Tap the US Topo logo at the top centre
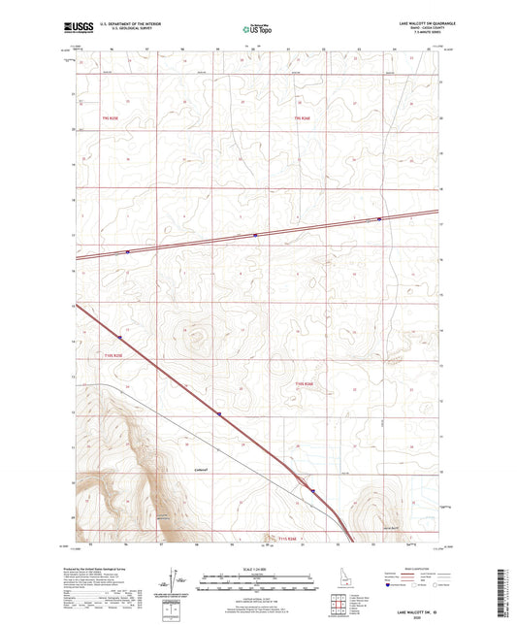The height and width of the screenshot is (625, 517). point(257,29)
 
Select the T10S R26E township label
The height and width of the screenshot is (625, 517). point(305,386)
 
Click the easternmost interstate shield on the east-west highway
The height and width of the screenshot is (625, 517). point(379,218)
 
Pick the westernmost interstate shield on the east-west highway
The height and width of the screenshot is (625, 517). point(127,250)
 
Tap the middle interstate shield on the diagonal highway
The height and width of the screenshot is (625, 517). point(219,413)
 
